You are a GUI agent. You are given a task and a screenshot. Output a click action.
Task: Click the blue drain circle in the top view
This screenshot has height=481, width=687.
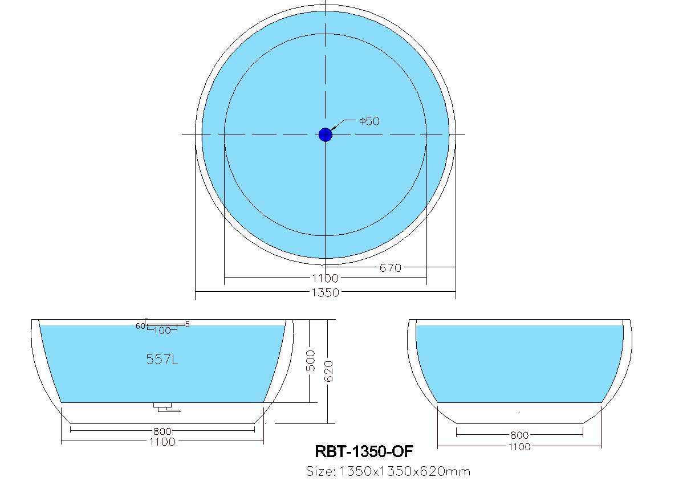(x=325, y=134)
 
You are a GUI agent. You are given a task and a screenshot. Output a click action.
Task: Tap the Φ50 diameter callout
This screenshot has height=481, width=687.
(x=369, y=121)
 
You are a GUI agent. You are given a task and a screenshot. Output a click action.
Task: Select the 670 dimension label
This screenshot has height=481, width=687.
(x=391, y=267)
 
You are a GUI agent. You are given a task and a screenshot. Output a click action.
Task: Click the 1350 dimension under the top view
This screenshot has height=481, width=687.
(x=326, y=293)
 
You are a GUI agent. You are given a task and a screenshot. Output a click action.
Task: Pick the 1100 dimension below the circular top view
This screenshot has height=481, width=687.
(x=326, y=278)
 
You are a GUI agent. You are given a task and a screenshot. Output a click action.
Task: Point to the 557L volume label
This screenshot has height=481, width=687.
(x=162, y=360)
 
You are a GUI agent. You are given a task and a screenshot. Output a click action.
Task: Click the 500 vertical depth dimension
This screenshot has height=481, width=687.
(x=311, y=360)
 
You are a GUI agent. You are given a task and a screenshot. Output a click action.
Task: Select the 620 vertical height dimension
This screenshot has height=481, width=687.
(x=329, y=371)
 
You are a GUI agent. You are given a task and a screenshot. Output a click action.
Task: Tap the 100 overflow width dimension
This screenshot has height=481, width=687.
(x=162, y=331)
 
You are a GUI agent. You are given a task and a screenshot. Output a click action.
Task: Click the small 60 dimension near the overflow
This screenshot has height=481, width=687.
(x=140, y=326)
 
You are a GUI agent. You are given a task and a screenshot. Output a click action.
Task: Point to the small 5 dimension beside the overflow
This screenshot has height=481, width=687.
(x=188, y=324)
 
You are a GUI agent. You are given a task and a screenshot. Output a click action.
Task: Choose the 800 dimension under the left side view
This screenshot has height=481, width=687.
(x=162, y=431)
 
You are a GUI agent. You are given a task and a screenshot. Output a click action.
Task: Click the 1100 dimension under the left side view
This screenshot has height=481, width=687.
(x=162, y=442)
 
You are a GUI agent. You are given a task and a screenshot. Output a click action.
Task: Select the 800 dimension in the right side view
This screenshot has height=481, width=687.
(x=519, y=435)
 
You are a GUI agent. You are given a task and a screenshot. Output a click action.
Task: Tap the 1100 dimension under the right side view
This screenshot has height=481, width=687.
(x=519, y=447)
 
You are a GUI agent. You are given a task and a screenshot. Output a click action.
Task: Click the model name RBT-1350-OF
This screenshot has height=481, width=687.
(x=364, y=451)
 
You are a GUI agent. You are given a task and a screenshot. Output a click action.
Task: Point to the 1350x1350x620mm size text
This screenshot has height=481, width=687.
(x=405, y=471)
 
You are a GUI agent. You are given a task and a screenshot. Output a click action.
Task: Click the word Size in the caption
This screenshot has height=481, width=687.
(x=319, y=471)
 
